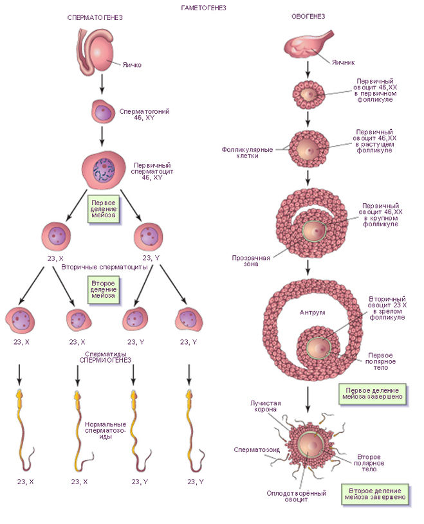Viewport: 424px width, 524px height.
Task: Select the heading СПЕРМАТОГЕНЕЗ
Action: click(x=95, y=17)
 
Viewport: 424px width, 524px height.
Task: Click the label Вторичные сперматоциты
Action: click(x=105, y=266)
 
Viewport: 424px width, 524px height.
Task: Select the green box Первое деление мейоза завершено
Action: click(x=373, y=394)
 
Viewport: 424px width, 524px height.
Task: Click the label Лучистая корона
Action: click(x=264, y=405)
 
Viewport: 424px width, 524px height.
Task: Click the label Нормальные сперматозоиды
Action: click(x=104, y=431)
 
